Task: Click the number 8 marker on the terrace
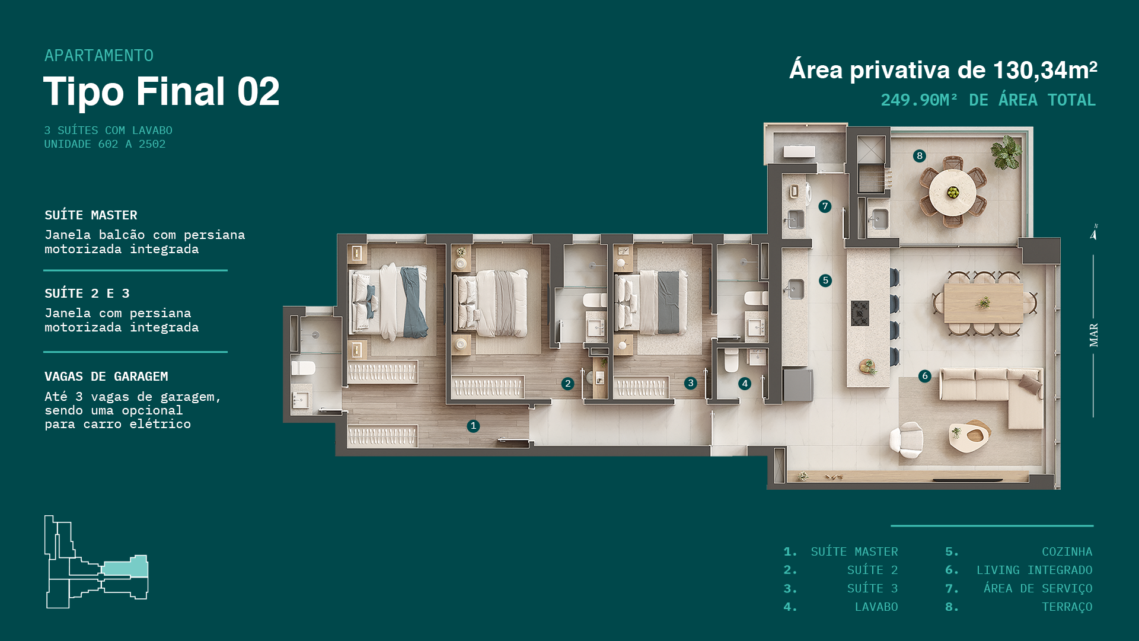[919, 156]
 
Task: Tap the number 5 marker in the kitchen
[825, 280]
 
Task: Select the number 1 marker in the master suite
[473, 426]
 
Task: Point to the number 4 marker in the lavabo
[745, 384]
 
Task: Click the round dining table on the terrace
[952, 192]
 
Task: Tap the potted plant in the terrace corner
[1006, 151]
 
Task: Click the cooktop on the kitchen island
[860, 313]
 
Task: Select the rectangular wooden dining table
[983, 303]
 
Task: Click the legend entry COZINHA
[1067, 552]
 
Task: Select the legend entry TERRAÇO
[1067, 607]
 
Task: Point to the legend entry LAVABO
[876, 607]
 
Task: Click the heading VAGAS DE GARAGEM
[106, 377]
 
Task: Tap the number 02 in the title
[259, 92]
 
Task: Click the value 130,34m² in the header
[1045, 70]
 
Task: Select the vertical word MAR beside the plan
[1094, 335]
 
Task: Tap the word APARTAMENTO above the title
[99, 56]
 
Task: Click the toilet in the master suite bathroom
[303, 368]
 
